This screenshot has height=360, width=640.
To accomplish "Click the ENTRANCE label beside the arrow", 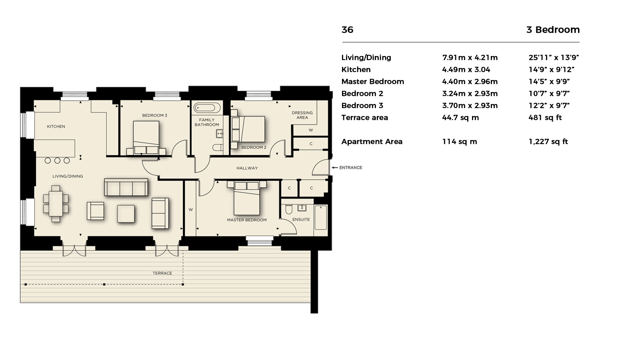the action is click(x=350, y=168).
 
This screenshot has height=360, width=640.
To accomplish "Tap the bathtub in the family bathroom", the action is click(x=207, y=108).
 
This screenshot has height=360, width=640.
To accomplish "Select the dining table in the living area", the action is click(x=56, y=204).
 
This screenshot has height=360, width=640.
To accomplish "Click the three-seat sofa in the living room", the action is click(x=126, y=188).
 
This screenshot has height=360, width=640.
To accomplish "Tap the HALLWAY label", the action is click(x=247, y=168).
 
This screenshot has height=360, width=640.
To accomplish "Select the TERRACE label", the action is click(x=162, y=274).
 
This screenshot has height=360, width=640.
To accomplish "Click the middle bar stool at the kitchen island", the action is click(x=58, y=160).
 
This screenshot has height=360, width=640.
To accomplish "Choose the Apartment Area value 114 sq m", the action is click(x=460, y=142).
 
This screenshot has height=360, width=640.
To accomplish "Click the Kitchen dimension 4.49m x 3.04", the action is click(x=466, y=70).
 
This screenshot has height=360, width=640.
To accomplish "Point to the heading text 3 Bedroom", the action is click(x=553, y=30).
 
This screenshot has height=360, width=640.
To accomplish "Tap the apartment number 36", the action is click(x=348, y=30).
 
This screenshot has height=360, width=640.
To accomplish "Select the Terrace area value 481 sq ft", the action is click(x=545, y=118).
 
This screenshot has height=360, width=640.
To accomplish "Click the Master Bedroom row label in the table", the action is click(x=372, y=82).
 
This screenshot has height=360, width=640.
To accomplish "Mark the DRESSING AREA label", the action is click(x=302, y=115).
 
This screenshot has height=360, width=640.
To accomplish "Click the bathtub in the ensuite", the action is click(x=320, y=218).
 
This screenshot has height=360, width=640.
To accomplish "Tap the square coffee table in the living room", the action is click(x=126, y=214).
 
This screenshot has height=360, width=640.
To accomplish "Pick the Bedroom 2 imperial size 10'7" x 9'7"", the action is click(x=549, y=94).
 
